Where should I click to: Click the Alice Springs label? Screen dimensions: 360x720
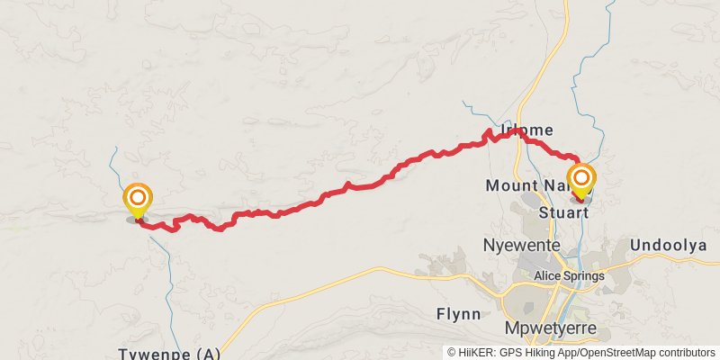569,276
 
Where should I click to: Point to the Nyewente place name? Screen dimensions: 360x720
522,245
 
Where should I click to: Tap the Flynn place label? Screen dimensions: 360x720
460,316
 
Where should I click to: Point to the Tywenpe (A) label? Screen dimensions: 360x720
169,353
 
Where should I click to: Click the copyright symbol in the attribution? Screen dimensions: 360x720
452,352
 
